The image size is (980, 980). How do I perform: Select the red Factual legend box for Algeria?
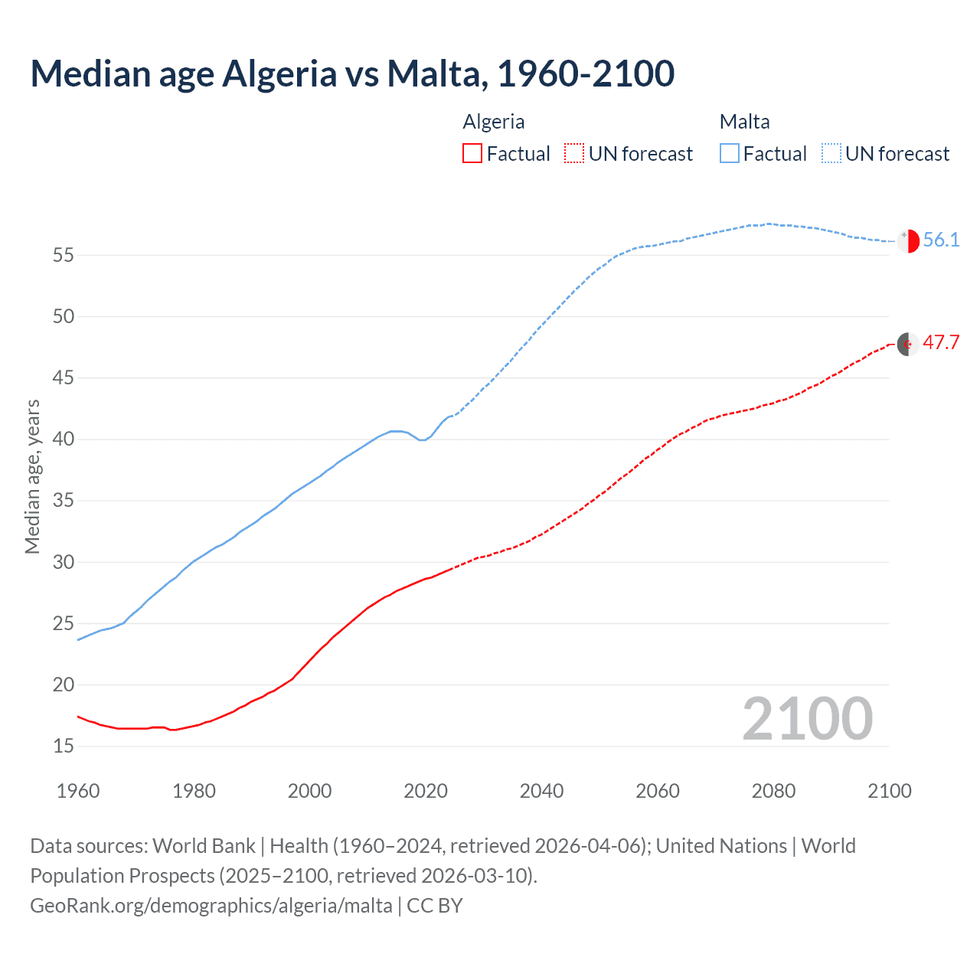coord(472,154)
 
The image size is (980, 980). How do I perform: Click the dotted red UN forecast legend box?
coord(574,154)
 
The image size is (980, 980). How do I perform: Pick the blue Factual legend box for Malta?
coord(730,154)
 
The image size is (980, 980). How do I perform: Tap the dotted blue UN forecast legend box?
coord(831,154)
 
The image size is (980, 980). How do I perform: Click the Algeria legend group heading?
coord(494,122)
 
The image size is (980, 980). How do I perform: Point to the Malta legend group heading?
coord(744,122)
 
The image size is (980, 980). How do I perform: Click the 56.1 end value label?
coord(941,240)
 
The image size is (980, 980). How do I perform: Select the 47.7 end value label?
coord(941,342)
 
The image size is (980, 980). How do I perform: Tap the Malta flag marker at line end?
coord(908,240)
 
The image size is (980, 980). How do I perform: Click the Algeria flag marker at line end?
coord(908,345)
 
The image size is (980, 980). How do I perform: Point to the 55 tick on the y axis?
coord(64,255)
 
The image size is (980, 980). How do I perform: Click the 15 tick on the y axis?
coord(64,746)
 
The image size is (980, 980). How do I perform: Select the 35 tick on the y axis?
coord(64,501)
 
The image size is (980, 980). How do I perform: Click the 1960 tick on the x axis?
coord(78,791)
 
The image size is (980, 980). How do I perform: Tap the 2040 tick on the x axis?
coord(541,791)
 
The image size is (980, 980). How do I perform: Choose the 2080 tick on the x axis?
coord(773,791)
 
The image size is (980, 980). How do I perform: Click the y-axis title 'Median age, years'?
coord(32,476)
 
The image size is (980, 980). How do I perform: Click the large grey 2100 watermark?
coord(807,718)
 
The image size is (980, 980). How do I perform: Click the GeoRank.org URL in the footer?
coord(211,906)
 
